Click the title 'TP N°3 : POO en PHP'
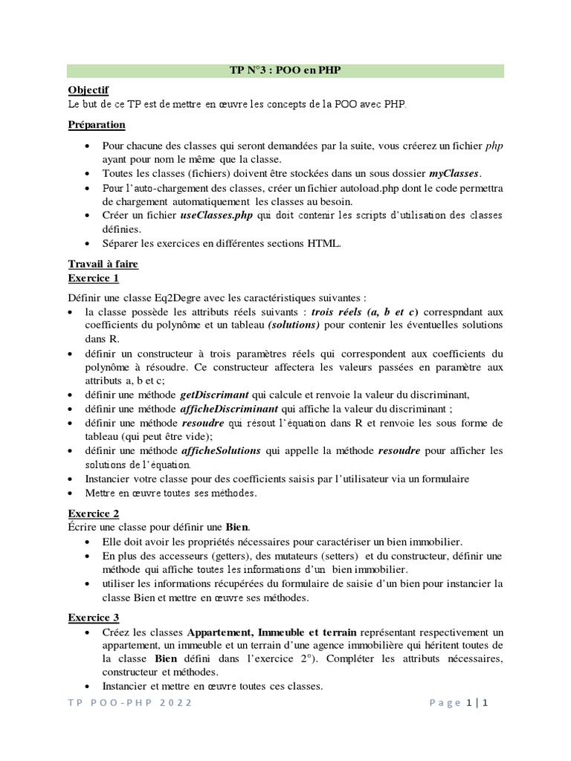coord(285,70)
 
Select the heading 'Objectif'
coord(88,90)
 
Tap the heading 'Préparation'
coord(97,124)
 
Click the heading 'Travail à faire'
coord(103,264)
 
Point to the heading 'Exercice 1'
coord(94,279)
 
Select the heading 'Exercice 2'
coord(94,513)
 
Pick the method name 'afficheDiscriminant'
coord(229,409)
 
